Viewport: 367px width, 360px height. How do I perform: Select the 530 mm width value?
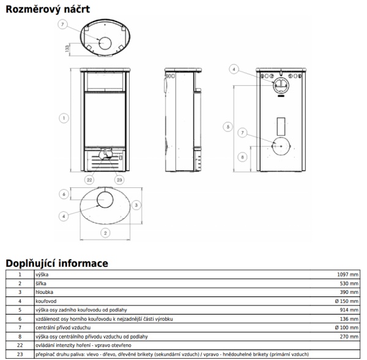click(350, 283)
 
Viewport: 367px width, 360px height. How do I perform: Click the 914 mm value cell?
click(350, 310)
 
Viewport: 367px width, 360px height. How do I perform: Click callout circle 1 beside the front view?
click(64, 117)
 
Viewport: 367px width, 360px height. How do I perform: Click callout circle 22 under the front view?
click(89, 179)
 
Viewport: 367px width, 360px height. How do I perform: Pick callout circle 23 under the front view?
click(119, 179)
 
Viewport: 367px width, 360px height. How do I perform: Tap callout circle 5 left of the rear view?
click(228, 127)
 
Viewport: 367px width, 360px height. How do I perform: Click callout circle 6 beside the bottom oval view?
click(64, 194)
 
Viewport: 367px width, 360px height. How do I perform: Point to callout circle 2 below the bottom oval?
click(105, 233)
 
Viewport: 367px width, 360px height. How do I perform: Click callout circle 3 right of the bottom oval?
click(137, 204)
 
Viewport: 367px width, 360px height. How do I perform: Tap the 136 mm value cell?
click(350, 319)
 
